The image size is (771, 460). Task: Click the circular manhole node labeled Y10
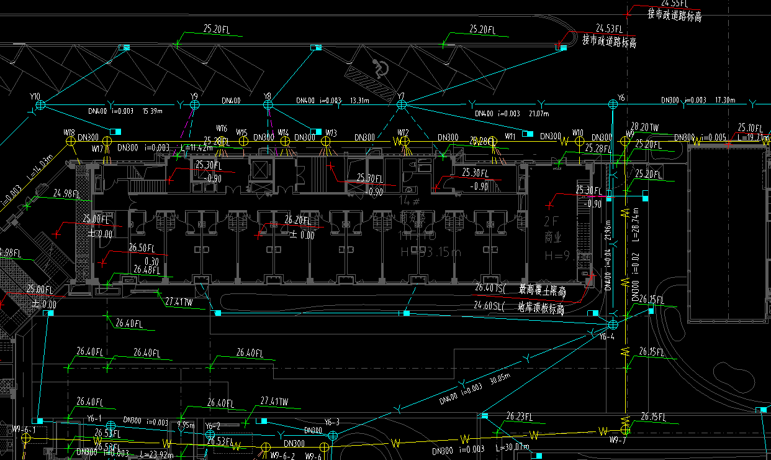tap(41, 105)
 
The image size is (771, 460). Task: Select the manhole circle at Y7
tap(402, 105)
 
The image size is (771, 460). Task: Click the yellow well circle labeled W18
tap(70, 142)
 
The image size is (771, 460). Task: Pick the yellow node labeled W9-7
tap(625, 429)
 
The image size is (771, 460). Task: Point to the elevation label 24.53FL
tap(609, 29)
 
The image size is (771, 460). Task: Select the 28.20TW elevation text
tap(644, 127)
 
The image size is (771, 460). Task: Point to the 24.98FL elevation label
tap(67, 193)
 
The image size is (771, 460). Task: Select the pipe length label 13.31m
tap(359, 100)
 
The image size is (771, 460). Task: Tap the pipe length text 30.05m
tap(500, 379)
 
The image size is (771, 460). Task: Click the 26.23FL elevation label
tap(520, 416)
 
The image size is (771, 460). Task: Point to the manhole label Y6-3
tap(332, 423)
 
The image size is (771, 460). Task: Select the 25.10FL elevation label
tap(750, 127)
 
